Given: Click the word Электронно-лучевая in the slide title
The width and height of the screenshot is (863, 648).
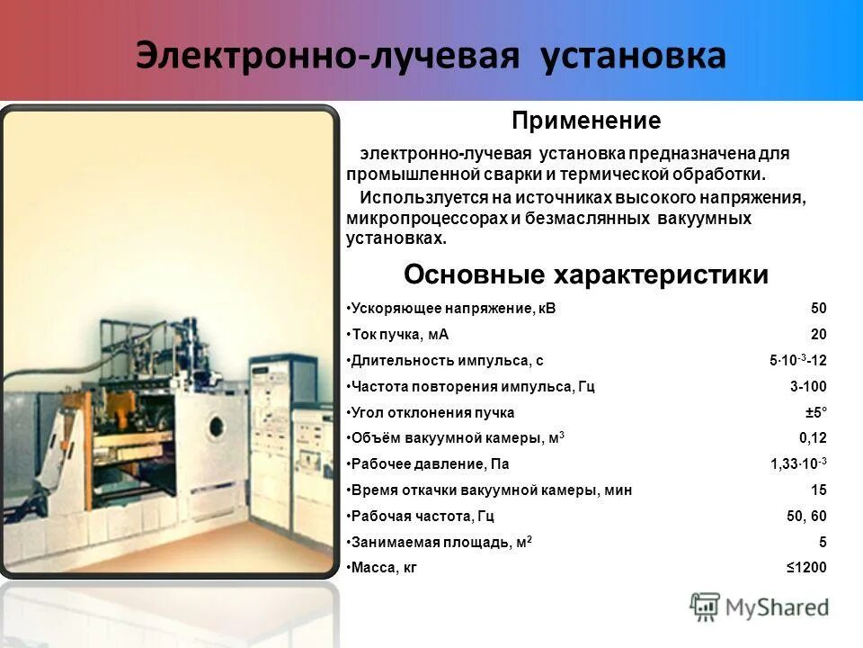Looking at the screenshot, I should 328,56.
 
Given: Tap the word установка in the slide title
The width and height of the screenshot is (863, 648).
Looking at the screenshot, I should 634,56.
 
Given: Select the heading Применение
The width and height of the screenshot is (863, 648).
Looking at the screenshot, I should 586,121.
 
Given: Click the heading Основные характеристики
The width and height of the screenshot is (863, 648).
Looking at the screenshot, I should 586,274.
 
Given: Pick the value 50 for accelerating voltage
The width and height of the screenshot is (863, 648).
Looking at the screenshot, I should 818,309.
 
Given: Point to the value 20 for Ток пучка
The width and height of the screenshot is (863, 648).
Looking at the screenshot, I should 818,335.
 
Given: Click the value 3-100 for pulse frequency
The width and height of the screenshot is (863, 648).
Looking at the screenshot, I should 808,387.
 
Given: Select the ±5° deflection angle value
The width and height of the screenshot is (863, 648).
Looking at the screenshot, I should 815,413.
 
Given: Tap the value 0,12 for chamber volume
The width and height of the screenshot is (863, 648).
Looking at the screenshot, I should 813,439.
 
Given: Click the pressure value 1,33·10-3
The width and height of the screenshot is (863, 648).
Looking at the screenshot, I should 798,464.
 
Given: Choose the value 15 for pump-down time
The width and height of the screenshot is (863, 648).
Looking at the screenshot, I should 818,490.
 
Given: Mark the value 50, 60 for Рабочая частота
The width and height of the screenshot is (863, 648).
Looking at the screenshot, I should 806,517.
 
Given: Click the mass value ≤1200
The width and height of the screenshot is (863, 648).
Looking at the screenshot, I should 806,568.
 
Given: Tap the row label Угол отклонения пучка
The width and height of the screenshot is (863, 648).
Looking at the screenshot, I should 432,413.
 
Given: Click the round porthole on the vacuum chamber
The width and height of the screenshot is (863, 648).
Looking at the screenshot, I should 217,426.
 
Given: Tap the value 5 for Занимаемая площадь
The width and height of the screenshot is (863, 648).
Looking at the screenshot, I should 822,542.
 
